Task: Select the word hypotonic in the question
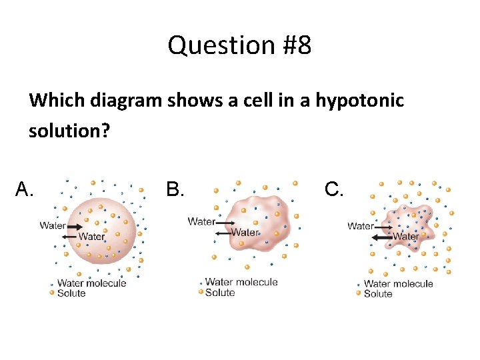click(x=359, y=101)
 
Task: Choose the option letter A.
click(x=24, y=190)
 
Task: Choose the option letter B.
click(x=175, y=190)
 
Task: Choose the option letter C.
click(x=334, y=190)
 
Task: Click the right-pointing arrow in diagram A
click(x=74, y=227)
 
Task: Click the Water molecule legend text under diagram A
click(x=91, y=283)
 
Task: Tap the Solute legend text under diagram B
click(x=220, y=293)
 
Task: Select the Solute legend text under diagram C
click(x=378, y=293)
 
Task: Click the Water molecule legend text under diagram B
click(x=241, y=282)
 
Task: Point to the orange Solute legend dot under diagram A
click(x=52, y=293)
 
